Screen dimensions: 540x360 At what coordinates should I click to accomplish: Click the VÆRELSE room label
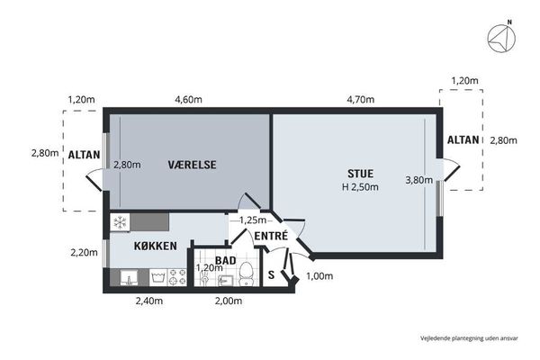click(x=193, y=165)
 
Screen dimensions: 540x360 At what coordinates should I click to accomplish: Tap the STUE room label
click(x=360, y=174)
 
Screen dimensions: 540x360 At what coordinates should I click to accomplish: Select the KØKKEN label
click(x=156, y=246)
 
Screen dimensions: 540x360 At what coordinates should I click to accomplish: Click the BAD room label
click(x=226, y=260)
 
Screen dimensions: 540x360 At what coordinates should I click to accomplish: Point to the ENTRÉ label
click(x=271, y=236)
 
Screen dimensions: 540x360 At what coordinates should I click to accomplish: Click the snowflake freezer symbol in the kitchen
click(x=120, y=222)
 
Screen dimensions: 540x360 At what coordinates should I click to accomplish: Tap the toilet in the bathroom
click(x=246, y=274)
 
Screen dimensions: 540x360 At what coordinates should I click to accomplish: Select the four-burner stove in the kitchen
click(x=177, y=277)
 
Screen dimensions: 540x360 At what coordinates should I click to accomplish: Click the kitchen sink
click(x=129, y=277)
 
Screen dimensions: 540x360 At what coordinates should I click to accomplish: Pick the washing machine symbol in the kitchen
click(x=158, y=277)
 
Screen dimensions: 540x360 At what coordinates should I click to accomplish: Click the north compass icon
click(x=502, y=38)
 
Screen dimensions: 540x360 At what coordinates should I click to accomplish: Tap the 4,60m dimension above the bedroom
click(x=188, y=100)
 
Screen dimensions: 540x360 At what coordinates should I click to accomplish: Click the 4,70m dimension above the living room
click(x=361, y=100)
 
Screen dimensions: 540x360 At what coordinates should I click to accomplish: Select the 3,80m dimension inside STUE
click(x=419, y=180)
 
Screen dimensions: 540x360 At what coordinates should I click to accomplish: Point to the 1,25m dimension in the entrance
click(x=253, y=220)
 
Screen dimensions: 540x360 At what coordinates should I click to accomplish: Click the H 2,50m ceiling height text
click(x=360, y=187)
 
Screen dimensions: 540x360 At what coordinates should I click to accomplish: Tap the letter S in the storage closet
click(x=272, y=274)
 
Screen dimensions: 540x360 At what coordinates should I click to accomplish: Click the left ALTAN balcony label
click(x=84, y=155)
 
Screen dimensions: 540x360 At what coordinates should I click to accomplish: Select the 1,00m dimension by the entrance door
click(x=319, y=276)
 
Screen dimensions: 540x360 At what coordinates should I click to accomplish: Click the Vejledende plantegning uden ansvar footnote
click(x=469, y=338)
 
